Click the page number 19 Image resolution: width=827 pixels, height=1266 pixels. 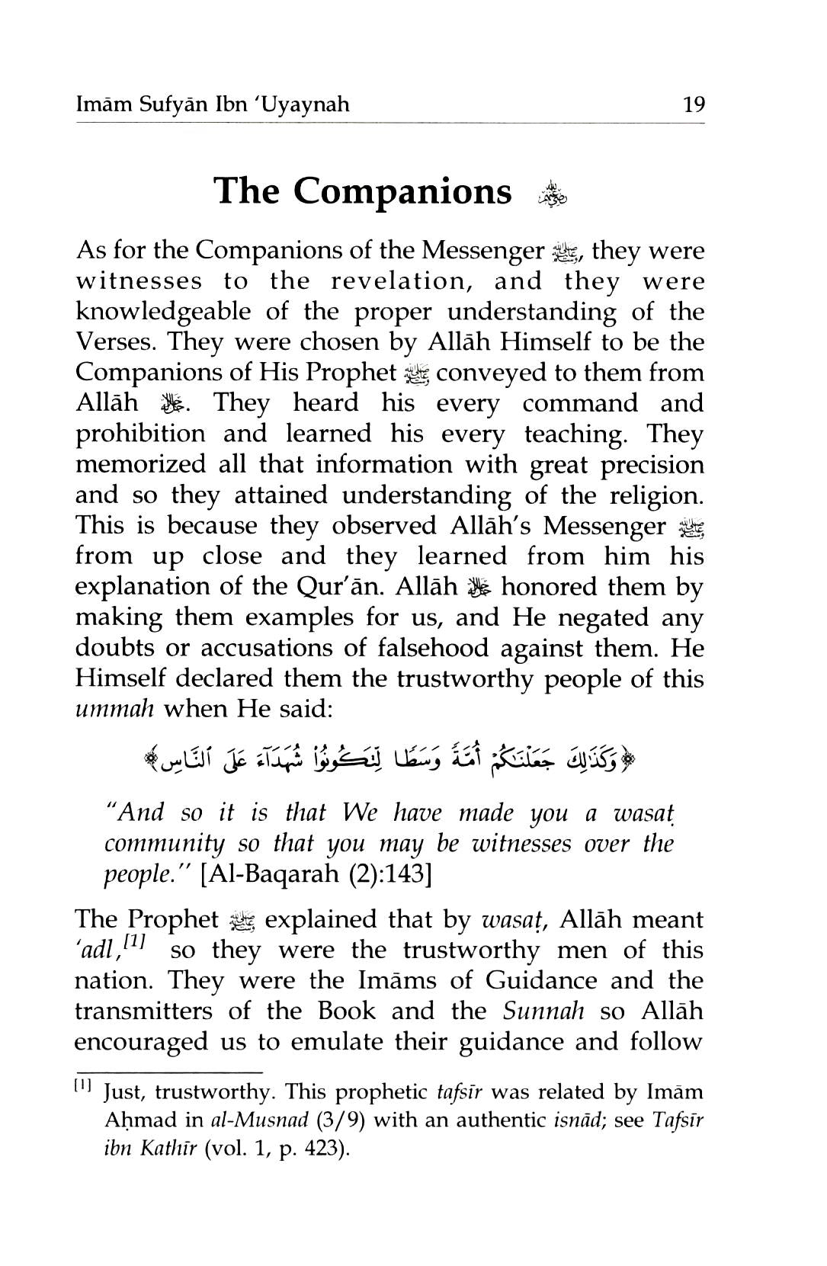point(694,104)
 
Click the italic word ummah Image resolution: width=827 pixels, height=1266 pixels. point(114,710)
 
